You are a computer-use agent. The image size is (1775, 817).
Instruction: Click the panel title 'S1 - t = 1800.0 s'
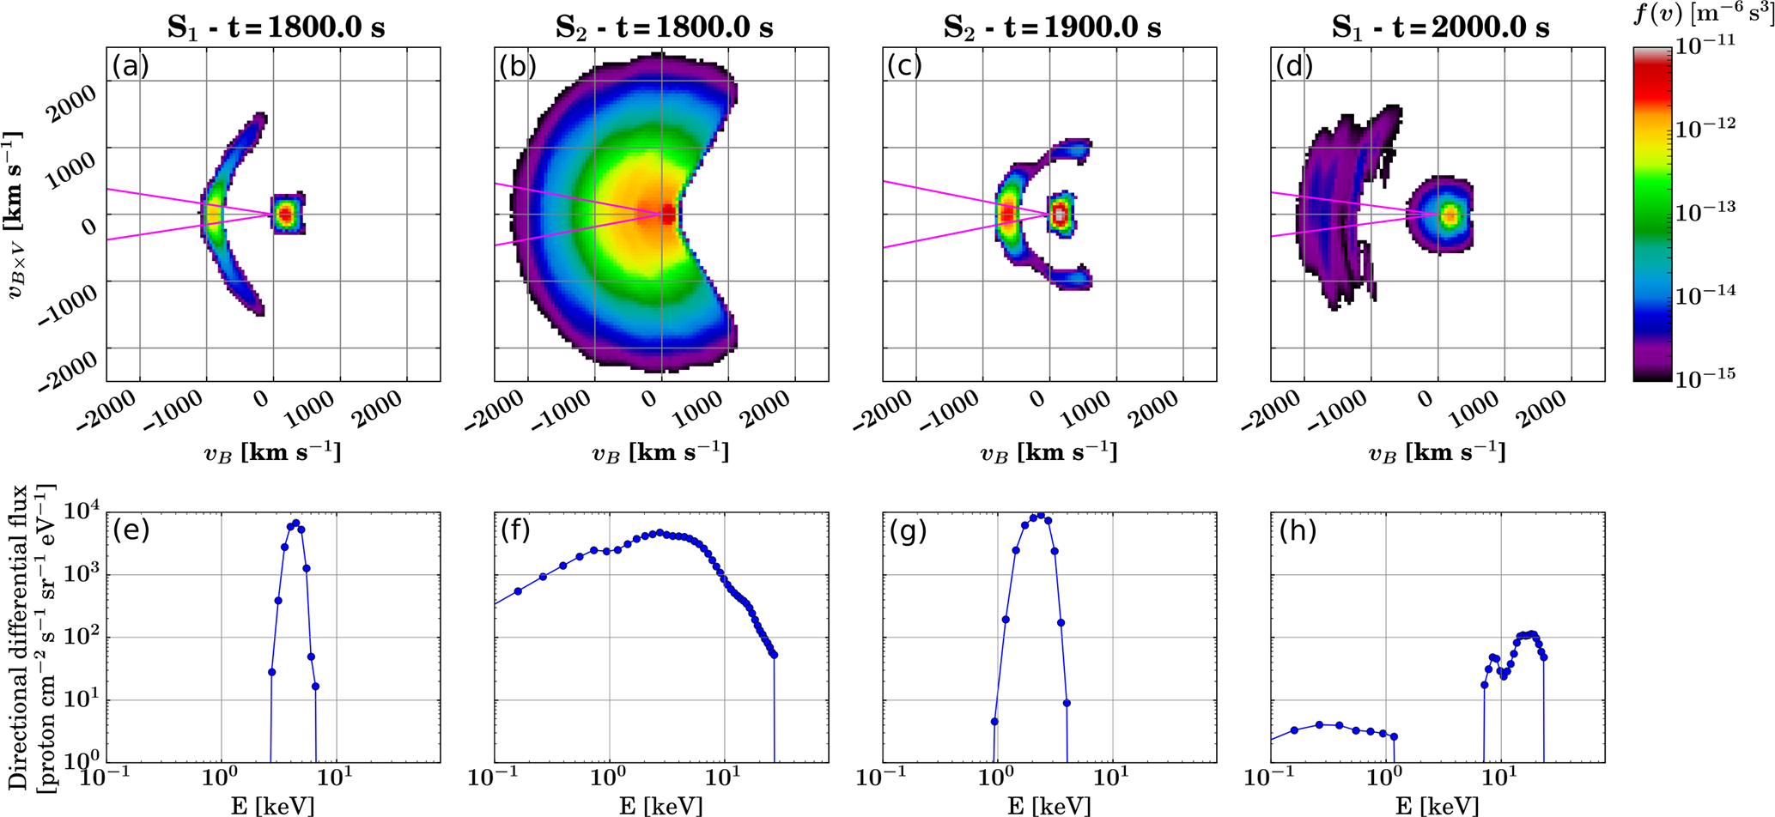point(275,27)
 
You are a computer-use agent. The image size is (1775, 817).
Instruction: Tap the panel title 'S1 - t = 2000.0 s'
point(1439,27)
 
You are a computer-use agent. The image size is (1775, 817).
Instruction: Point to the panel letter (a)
point(131,66)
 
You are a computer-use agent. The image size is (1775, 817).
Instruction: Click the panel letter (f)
point(518,531)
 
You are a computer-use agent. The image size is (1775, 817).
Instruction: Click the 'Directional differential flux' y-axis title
point(19,637)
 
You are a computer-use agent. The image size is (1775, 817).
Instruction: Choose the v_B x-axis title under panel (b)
point(660,451)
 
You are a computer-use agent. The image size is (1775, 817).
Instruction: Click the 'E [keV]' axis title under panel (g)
point(1049,806)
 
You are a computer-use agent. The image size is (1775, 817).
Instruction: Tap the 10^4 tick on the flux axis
point(80,512)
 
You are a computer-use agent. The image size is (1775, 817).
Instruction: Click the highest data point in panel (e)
point(295,523)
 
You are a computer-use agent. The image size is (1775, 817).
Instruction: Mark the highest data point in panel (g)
point(1041,516)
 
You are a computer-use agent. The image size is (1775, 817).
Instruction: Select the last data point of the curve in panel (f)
point(774,655)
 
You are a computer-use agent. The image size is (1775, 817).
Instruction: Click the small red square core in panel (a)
point(286,213)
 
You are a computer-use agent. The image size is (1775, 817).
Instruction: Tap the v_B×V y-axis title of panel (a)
point(15,215)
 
